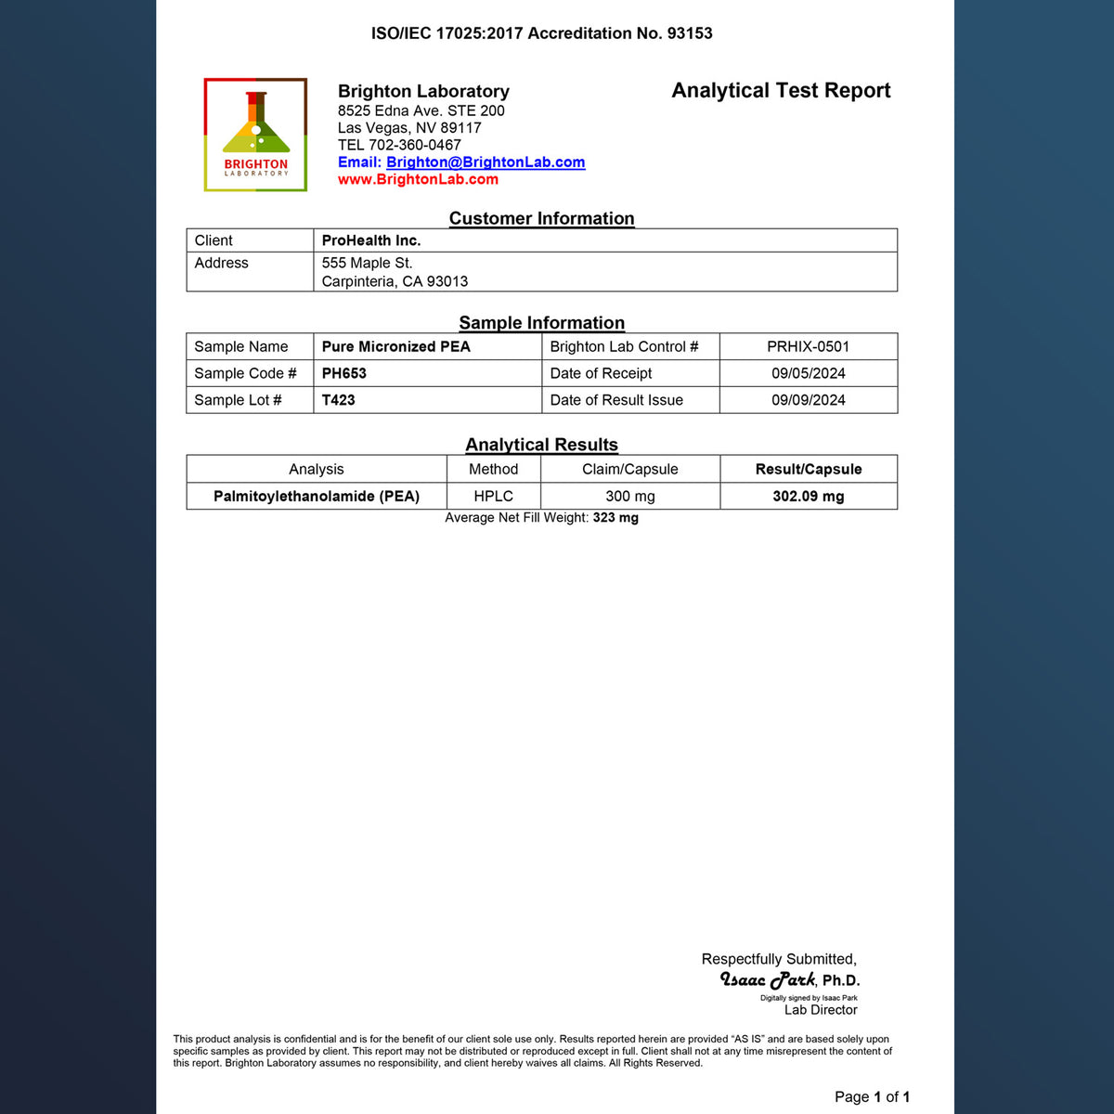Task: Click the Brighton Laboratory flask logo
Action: pyautogui.click(x=255, y=135)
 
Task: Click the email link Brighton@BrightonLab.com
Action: pyautogui.click(x=486, y=162)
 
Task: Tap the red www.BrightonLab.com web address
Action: pyautogui.click(x=418, y=179)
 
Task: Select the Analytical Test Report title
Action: pyautogui.click(x=781, y=90)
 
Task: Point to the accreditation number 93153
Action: pyautogui.click(x=690, y=33)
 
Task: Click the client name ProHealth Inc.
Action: pyautogui.click(x=371, y=240)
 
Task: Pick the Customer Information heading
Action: pyautogui.click(x=541, y=218)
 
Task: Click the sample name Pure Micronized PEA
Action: pyautogui.click(x=396, y=346)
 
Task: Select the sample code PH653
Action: pyautogui.click(x=344, y=373)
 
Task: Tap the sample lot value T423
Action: pyautogui.click(x=339, y=400)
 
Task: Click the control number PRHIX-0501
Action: pyautogui.click(x=808, y=346)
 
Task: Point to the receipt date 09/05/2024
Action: pyautogui.click(x=808, y=373)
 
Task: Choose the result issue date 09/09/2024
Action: pyautogui.click(x=808, y=400)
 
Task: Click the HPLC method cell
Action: pyautogui.click(x=493, y=496)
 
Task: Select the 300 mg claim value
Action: pyautogui.click(x=630, y=496)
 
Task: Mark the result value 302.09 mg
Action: pyautogui.click(x=808, y=496)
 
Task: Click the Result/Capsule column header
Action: pyautogui.click(x=808, y=469)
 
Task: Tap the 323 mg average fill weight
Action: pyautogui.click(x=615, y=518)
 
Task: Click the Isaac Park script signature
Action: pyautogui.click(x=768, y=979)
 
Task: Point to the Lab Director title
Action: pyautogui.click(x=821, y=1010)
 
